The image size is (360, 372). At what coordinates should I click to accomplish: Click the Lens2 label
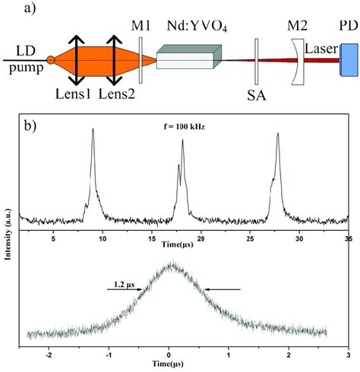[115, 95]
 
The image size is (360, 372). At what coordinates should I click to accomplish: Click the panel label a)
[16, 9]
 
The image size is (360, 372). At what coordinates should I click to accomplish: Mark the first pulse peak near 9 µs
[93, 131]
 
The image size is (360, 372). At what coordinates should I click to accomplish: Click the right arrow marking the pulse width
[228, 288]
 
